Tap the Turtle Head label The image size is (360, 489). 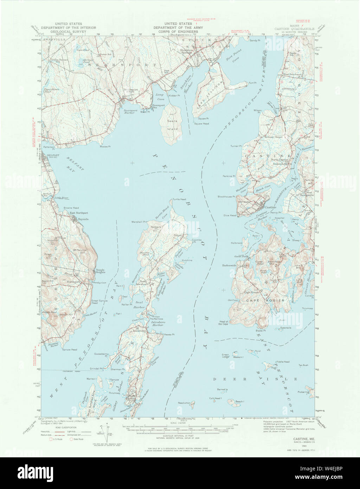pyautogui.click(x=179, y=199)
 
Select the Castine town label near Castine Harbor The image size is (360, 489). pyautogui.click(x=270, y=208)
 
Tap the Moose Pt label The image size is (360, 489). pyautogui.click(x=105, y=146)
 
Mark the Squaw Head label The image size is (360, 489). pyautogui.click(x=202, y=124)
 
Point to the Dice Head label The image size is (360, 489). pyautogui.click(x=230, y=215)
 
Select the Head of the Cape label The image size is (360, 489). pyautogui.click(x=224, y=323)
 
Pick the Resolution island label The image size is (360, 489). pyautogui.click(x=184, y=403)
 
